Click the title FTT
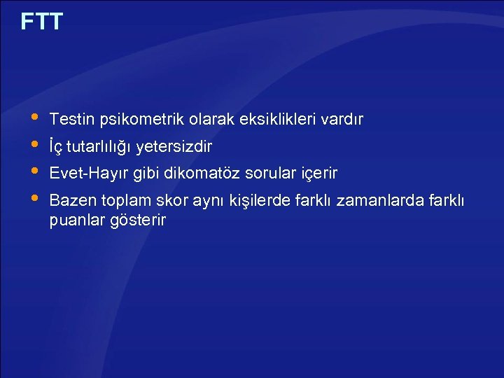42,22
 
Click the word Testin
70,120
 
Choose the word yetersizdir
175,147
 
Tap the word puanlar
75,220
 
